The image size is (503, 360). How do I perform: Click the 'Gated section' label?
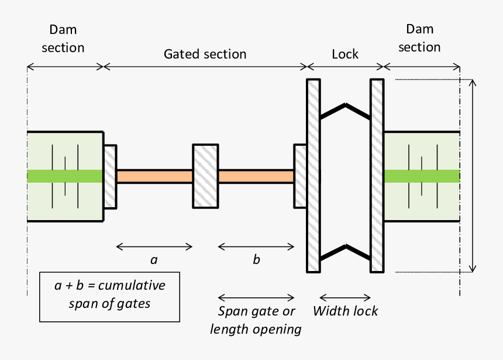[x=205, y=54]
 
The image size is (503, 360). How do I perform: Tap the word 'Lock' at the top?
[x=345, y=54]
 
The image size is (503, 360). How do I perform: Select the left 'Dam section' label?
[x=63, y=39]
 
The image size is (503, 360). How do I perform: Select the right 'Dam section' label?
[x=419, y=38]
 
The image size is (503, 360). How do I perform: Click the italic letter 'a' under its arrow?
[x=154, y=260]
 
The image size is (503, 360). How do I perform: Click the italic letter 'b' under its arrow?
[x=256, y=260]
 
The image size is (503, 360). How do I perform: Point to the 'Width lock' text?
[x=345, y=311]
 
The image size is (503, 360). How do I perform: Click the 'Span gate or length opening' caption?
[x=256, y=320]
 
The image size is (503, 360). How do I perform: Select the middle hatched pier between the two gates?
[x=205, y=176]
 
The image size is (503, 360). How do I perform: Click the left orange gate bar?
[x=154, y=176]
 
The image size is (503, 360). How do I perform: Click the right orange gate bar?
[x=256, y=176]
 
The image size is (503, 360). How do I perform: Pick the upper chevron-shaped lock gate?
[x=345, y=111]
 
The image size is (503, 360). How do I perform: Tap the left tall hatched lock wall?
[x=313, y=176]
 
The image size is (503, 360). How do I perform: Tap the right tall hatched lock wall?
[x=377, y=176]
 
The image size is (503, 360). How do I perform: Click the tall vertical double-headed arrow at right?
[x=473, y=176]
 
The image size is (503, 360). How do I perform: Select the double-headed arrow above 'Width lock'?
[x=345, y=297]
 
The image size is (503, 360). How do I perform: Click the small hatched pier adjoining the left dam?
[x=110, y=176]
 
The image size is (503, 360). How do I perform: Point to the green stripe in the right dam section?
[x=422, y=176]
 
